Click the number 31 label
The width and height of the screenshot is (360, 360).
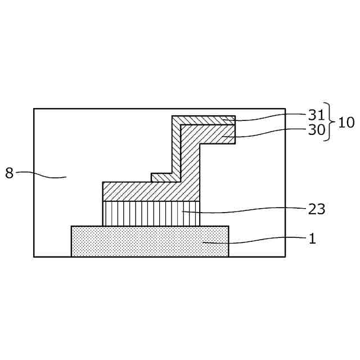coord(317,115)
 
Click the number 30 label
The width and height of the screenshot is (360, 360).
coord(317,130)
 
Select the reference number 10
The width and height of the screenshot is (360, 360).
coord(346,123)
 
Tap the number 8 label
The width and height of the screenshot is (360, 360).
coord(9,173)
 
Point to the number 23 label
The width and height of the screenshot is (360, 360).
coord(317,209)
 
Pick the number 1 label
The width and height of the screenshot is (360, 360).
coord(312,238)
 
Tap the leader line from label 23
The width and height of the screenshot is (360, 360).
coord(247,211)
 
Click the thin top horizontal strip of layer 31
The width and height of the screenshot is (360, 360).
coord(202,120)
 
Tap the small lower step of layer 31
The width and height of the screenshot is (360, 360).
coord(163,178)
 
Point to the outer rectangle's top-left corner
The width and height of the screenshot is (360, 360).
coord(34,109)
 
